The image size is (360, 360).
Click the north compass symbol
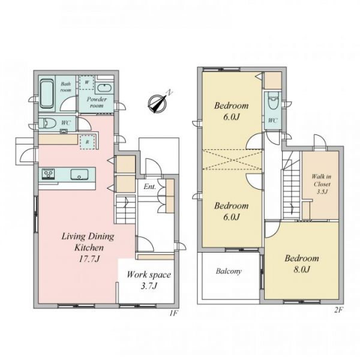157,103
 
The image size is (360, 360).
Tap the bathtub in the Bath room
47,94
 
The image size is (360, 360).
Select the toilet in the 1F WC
47,124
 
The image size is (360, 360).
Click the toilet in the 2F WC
273,101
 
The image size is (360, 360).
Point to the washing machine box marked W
86,82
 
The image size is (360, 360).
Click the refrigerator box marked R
87,142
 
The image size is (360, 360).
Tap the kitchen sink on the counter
79,175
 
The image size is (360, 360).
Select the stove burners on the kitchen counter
48,174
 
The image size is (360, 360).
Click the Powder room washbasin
104,89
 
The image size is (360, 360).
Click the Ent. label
149,187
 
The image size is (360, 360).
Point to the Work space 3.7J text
149,280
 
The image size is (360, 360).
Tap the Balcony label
229,271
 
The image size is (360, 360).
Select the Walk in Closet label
322,184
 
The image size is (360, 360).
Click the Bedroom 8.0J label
302,263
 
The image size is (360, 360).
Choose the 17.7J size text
89,259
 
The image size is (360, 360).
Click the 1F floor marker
174,313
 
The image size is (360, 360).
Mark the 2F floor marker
338,310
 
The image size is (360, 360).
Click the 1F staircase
125,209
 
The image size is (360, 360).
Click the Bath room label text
65,87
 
